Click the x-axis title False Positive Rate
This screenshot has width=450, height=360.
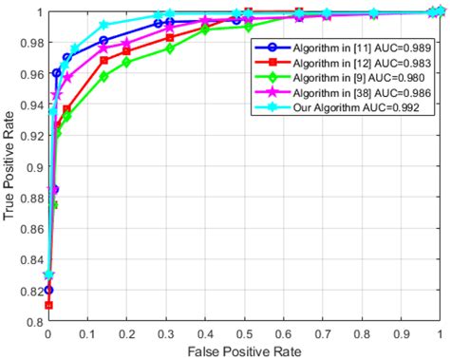click(245, 352)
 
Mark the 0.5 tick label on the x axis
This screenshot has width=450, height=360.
click(244, 335)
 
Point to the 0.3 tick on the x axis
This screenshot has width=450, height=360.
click(165, 335)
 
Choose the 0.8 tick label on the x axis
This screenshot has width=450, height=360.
click(362, 335)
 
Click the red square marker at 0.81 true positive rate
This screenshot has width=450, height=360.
click(48, 306)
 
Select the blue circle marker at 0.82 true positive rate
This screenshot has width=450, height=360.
click(48, 290)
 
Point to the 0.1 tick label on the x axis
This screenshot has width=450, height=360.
click(87, 335)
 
